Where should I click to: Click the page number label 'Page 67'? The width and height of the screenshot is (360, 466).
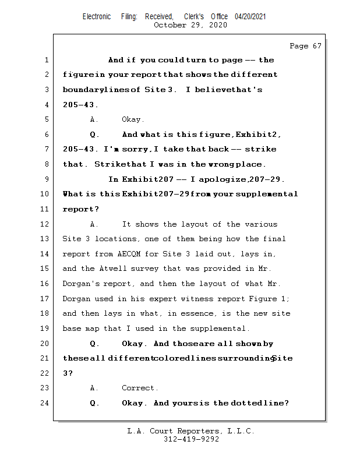[305, 46]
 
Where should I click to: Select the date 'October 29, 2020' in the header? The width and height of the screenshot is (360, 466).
[191, 25]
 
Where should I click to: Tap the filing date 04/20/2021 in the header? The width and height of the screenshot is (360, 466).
[250, 17]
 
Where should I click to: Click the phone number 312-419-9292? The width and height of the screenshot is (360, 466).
[191, 439]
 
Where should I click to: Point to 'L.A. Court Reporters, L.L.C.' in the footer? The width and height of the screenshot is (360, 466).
[191, 431]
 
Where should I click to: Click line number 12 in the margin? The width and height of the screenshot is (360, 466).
[46, 224]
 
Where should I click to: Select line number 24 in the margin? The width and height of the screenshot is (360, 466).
[46, 403]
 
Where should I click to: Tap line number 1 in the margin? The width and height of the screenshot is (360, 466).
[46, 60]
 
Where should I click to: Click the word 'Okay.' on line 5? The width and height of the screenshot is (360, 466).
[132, 120]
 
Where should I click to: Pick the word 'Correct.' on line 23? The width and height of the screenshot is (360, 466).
[140, 388]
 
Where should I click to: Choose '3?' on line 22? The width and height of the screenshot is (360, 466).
[67, 373]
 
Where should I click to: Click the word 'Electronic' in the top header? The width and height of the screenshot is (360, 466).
[97, 17]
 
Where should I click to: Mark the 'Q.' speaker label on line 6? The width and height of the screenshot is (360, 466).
[96, 135]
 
